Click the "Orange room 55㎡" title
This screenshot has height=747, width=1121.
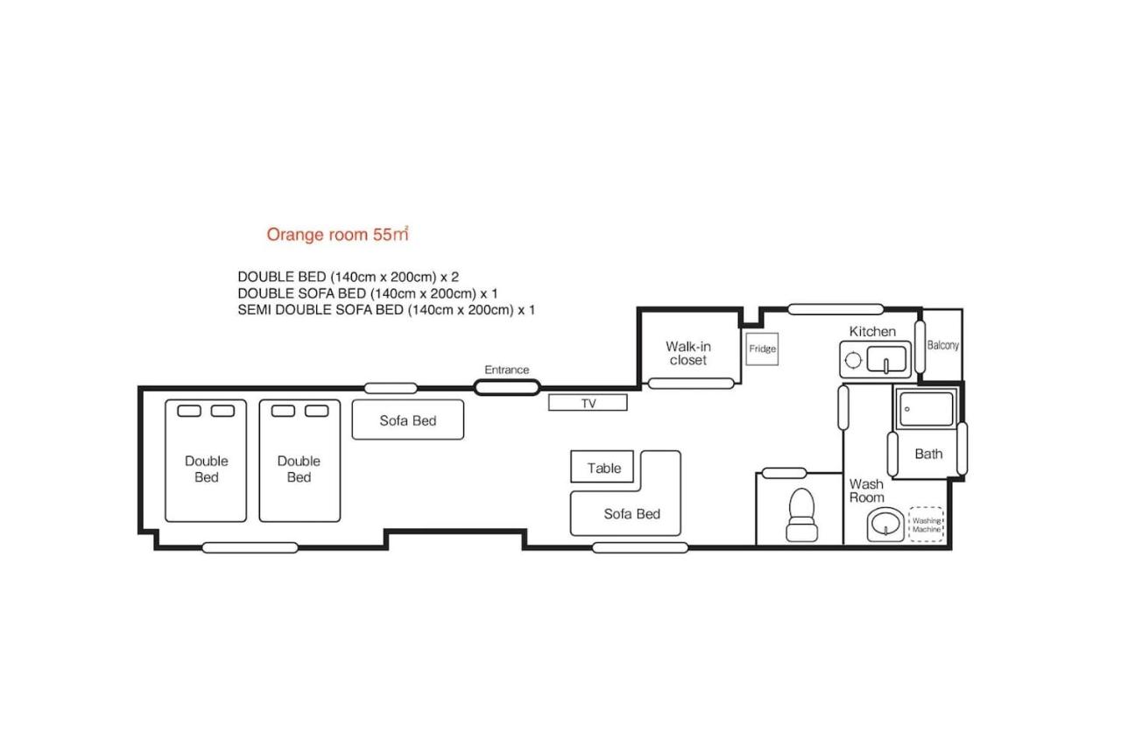[337, 234]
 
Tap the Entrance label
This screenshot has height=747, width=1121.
[506, 370]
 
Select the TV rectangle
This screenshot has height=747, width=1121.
[588, 403]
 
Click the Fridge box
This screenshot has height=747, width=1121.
[762, 349]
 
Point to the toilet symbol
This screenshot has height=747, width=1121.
[801, 515]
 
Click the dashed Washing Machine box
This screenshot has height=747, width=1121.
[926, 525]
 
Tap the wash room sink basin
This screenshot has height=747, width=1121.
[885, 525]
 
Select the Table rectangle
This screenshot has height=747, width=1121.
[602, 466]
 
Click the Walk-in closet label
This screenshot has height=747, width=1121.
[688, 353]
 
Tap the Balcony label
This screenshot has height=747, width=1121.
[942, 345]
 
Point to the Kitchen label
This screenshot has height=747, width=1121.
[872, 331]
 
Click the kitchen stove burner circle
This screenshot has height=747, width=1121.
[853, 360]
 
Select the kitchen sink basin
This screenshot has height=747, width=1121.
[886, 360]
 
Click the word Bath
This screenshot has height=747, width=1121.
[928, 454]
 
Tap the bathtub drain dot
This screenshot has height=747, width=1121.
[906, 409]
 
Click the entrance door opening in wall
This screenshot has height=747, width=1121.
[507, 387]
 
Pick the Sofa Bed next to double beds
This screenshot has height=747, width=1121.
[408, 419]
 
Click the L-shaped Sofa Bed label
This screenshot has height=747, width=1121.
[631, 514]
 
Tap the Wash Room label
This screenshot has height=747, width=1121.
[867, 490]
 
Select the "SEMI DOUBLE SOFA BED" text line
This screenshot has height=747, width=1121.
[386, 310]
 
